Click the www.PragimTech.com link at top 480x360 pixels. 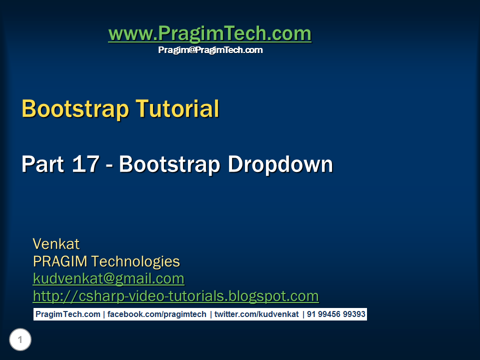coord(209,34)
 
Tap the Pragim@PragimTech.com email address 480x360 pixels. coord(210,50)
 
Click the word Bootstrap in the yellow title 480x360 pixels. coord(75,109)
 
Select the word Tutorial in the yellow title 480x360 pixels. coord(177,109)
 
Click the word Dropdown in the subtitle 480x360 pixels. coord(280,164)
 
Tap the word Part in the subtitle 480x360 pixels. coord(42,164)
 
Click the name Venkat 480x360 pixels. coord(56,244)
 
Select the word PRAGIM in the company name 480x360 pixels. coord(60,261)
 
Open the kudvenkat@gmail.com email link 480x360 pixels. coord(108,278)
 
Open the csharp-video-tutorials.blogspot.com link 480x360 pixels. coord(175,296)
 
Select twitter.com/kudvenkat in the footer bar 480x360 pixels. coord(256,314)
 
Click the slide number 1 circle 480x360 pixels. coord(20,340)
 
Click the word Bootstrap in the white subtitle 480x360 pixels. coord(170,164)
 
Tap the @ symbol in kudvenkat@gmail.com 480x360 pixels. coord(110,279)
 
